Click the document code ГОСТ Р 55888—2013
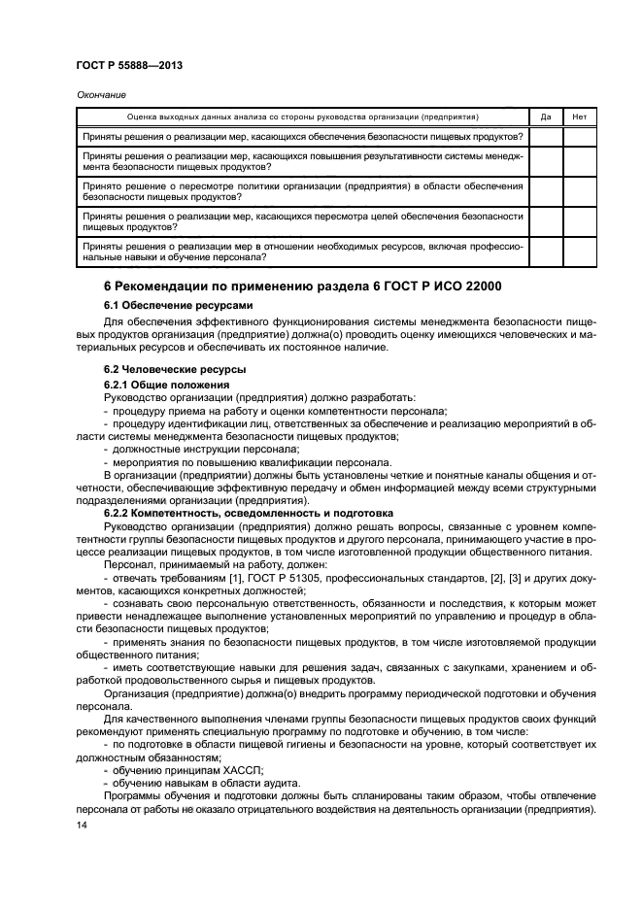pyautogui.click(x=129, y=64)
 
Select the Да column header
pyautogui.click(x=546, y=116)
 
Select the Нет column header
pyautogui.click(x=580, y=116)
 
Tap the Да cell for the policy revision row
pyautogui.click(x=546, y=190)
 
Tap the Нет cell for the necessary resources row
pyautogui.click(x=580, y=252)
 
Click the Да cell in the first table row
pyautogui.click(x=546, y=136)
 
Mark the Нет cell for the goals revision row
pyautogui.click(x=580, y=221)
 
